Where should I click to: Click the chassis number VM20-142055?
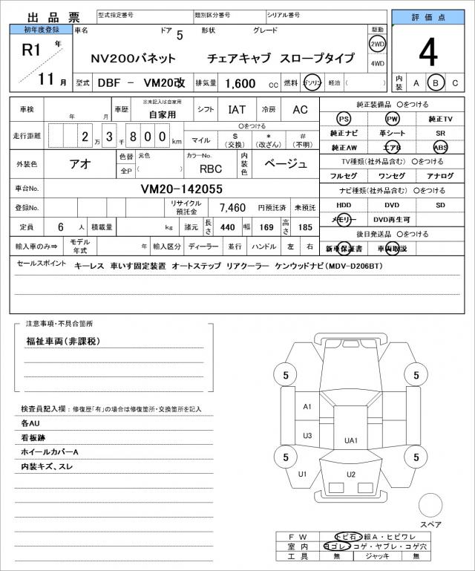(182, 189)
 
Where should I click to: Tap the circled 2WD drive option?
(378, 44)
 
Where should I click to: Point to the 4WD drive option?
(378, 64)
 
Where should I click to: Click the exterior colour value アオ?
(79, 164)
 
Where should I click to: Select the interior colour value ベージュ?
(286, 164)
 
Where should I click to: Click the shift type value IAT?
(237, 109)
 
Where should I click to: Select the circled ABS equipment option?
(440, 147)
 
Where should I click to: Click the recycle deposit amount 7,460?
(232, 207)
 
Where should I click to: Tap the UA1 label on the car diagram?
(351, 440)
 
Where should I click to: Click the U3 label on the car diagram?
(307, 435)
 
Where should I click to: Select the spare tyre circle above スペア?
(430, 506)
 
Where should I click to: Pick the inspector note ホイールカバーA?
(50, 451)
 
